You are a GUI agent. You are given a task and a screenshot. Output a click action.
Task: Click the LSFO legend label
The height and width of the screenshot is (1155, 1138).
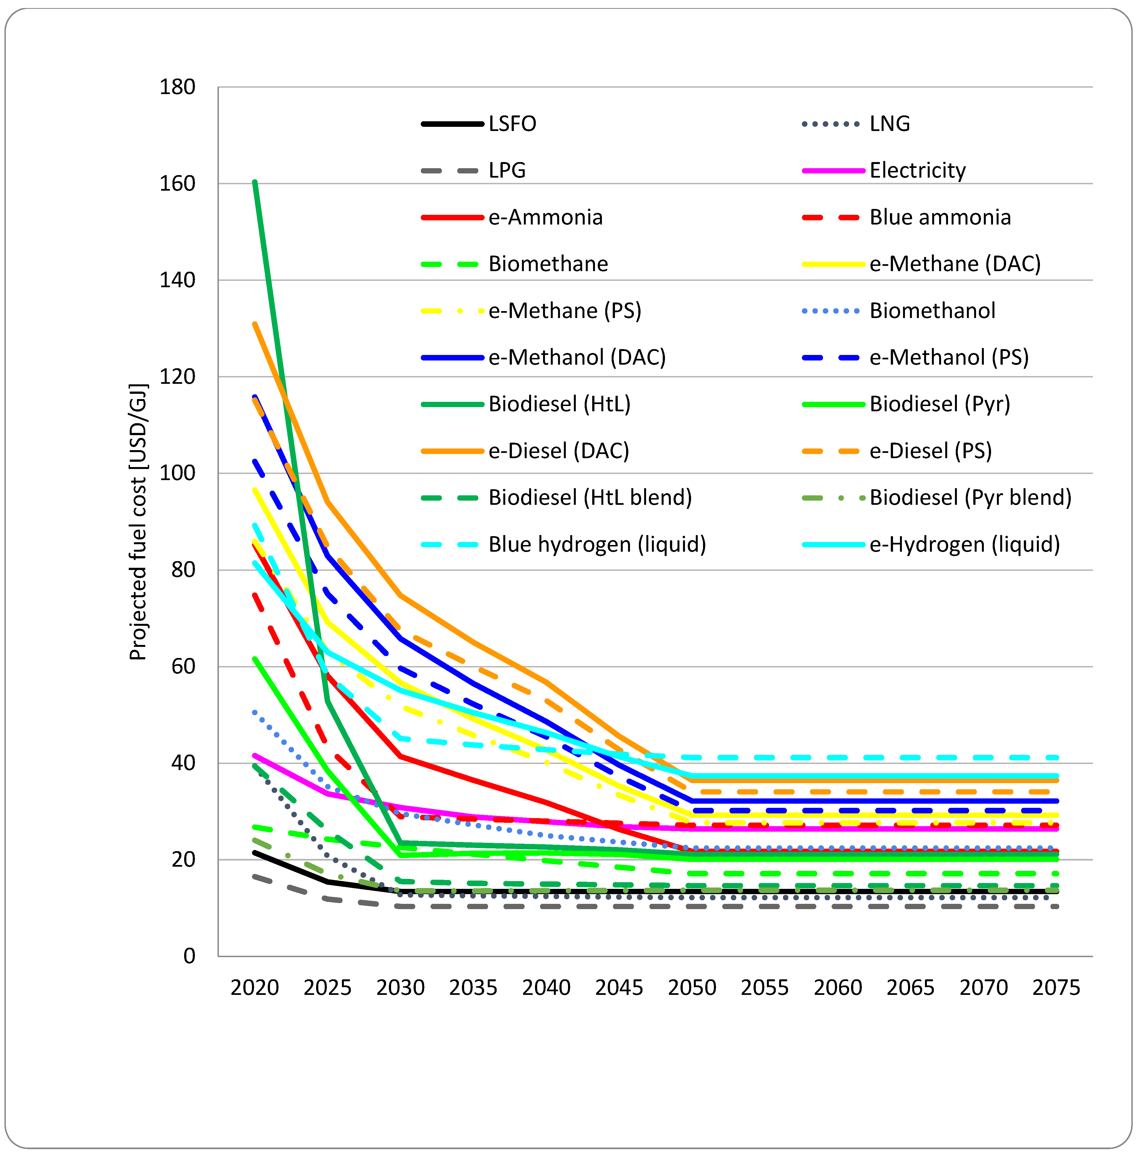[512, 123]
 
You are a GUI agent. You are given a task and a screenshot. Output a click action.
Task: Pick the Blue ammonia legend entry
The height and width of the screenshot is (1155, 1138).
[940, 217]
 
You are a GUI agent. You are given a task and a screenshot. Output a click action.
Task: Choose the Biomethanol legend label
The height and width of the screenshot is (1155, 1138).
[932, 311]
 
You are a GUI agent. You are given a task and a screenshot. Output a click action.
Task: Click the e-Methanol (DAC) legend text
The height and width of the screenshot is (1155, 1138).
[577, 357]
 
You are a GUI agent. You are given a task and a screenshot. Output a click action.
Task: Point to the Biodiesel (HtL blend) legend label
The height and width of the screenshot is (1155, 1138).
[590, 498]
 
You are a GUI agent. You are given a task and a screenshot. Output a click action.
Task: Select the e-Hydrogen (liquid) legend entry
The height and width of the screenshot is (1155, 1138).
[964, 544]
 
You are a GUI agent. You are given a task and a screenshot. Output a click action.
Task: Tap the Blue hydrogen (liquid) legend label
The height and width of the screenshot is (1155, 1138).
[597, 544]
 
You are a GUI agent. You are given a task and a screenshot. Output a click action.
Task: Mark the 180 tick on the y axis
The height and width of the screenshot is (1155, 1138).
[177, 87]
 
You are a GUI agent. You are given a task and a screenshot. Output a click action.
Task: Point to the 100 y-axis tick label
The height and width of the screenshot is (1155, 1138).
[177, 473]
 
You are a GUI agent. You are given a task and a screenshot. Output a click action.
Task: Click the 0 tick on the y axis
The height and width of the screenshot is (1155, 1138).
[189, 956]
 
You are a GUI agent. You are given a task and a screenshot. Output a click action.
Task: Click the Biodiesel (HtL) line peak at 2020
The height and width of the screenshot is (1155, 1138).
[255, 182]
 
